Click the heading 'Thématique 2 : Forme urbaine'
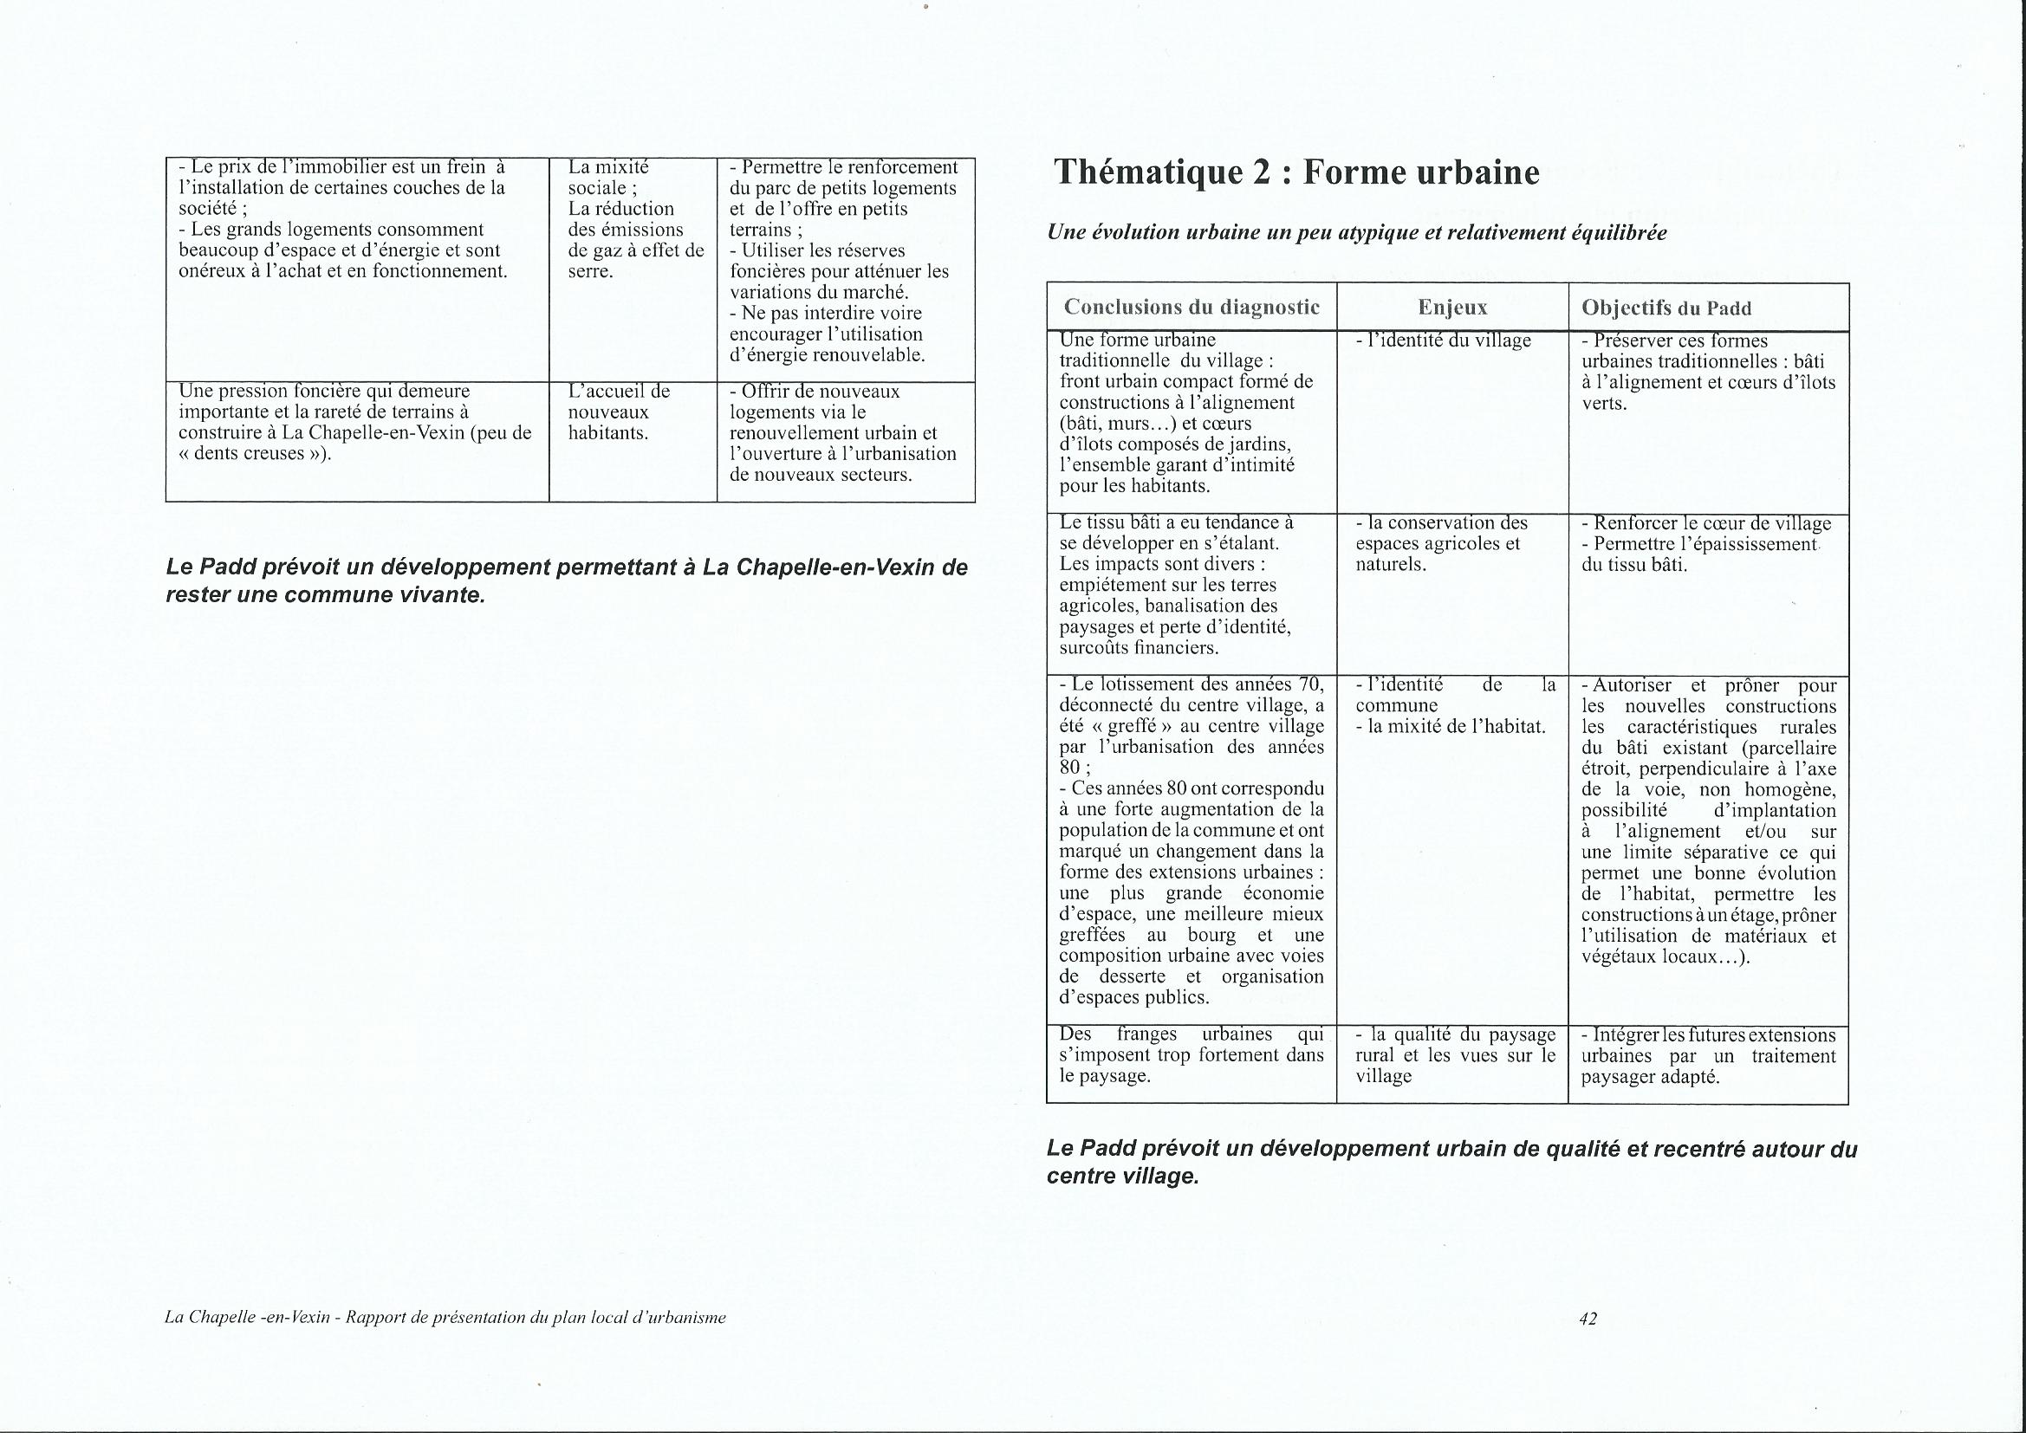[x=1296, y=173]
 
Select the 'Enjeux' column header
[x=1452, y=307]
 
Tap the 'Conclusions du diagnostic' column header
[x=1192, y=307]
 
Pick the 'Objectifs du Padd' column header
[x=1666, y=308]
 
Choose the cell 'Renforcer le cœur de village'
[x=1706, y=523]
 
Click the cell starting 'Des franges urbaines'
[x=1192, y=1055]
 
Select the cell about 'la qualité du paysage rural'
[x=1455, y=1055]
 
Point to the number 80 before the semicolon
[x=1069, y=768]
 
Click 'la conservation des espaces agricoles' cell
[x=1442, y=543]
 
